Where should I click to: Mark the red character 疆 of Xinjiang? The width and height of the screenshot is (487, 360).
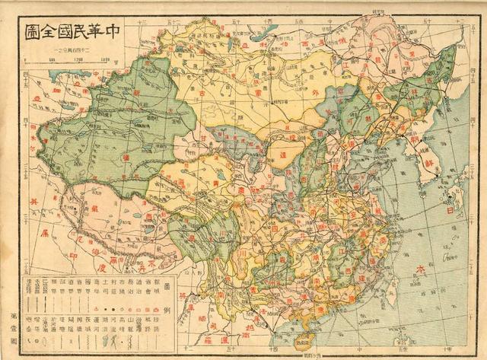(118, 157)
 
